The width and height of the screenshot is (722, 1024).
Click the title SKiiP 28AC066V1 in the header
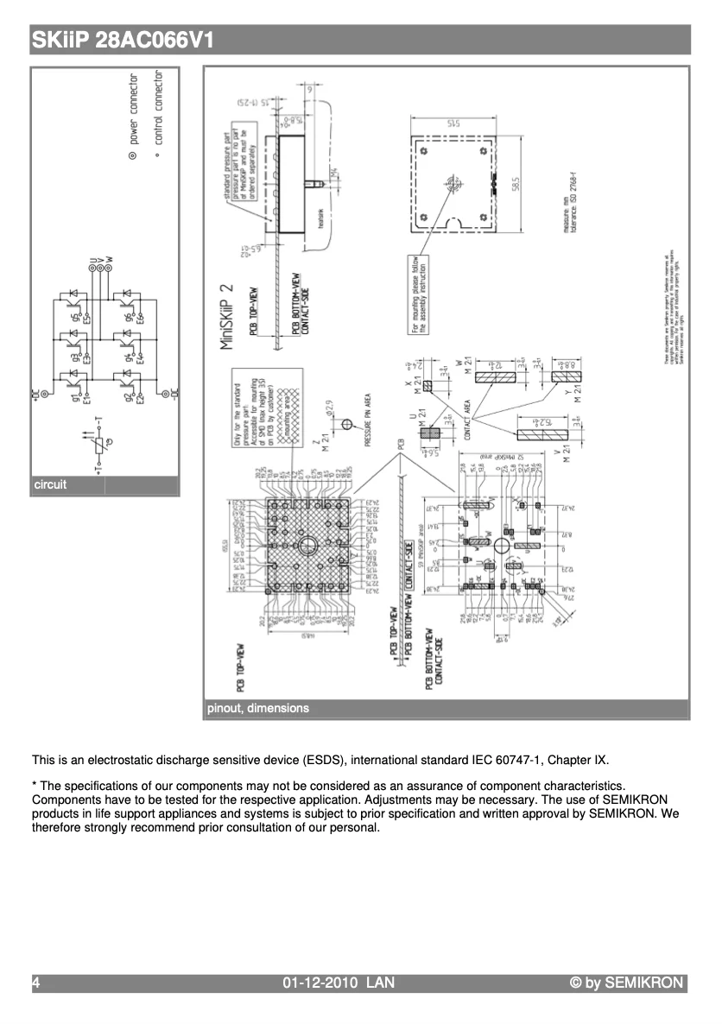pos(122,41)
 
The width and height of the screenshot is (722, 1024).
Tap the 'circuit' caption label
pos(49,484)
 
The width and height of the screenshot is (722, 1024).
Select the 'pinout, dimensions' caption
pos(257,708)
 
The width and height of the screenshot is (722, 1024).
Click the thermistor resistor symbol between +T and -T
pos(100,446)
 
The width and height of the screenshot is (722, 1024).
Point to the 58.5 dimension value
pos(516,186)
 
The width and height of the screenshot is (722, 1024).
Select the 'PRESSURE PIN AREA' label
pos(369,420)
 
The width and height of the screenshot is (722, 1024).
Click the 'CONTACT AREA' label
pos(467,420)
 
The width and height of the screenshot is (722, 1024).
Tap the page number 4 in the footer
pos(36,983)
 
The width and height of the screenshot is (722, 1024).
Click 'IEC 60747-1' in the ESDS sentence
pos(510,761)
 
